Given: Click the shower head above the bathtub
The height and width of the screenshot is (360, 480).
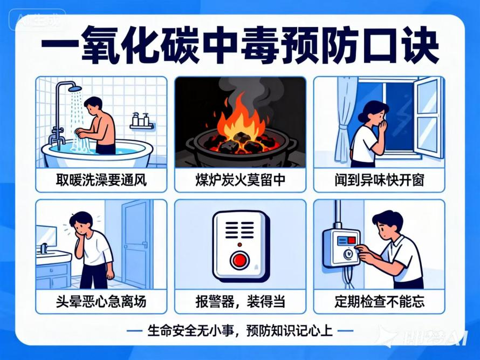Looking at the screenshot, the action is [x=74, y=89].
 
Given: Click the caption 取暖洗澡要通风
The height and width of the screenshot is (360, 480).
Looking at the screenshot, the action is [x=101, y=180].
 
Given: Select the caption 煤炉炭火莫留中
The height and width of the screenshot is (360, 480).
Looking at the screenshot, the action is [x=241, y=180].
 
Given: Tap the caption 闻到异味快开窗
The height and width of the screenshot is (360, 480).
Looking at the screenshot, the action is [x=379, y=180].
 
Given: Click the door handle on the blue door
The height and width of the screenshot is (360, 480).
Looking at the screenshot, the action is [x=145, y=244].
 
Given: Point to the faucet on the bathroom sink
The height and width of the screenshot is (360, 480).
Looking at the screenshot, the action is [x=44, y=248].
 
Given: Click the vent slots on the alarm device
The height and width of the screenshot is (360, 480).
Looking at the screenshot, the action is [x=239, y=229].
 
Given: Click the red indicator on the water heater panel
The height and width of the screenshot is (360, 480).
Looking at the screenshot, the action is [x=352, y=240].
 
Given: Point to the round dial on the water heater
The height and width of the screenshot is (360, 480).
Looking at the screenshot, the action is [x=347, y=254].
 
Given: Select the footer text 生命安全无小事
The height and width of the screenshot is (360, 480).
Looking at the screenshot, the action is [x=190, y=331].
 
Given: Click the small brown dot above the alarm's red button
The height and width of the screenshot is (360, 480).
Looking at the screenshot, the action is [x=239, y=245].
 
